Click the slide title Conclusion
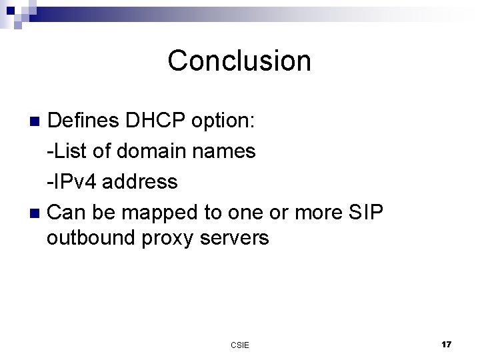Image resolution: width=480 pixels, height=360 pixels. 239,61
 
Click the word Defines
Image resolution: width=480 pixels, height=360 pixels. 83,121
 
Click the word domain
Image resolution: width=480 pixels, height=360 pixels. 153,151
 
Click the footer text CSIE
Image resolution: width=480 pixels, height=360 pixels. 240,345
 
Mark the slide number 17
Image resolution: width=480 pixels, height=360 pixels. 446,344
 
